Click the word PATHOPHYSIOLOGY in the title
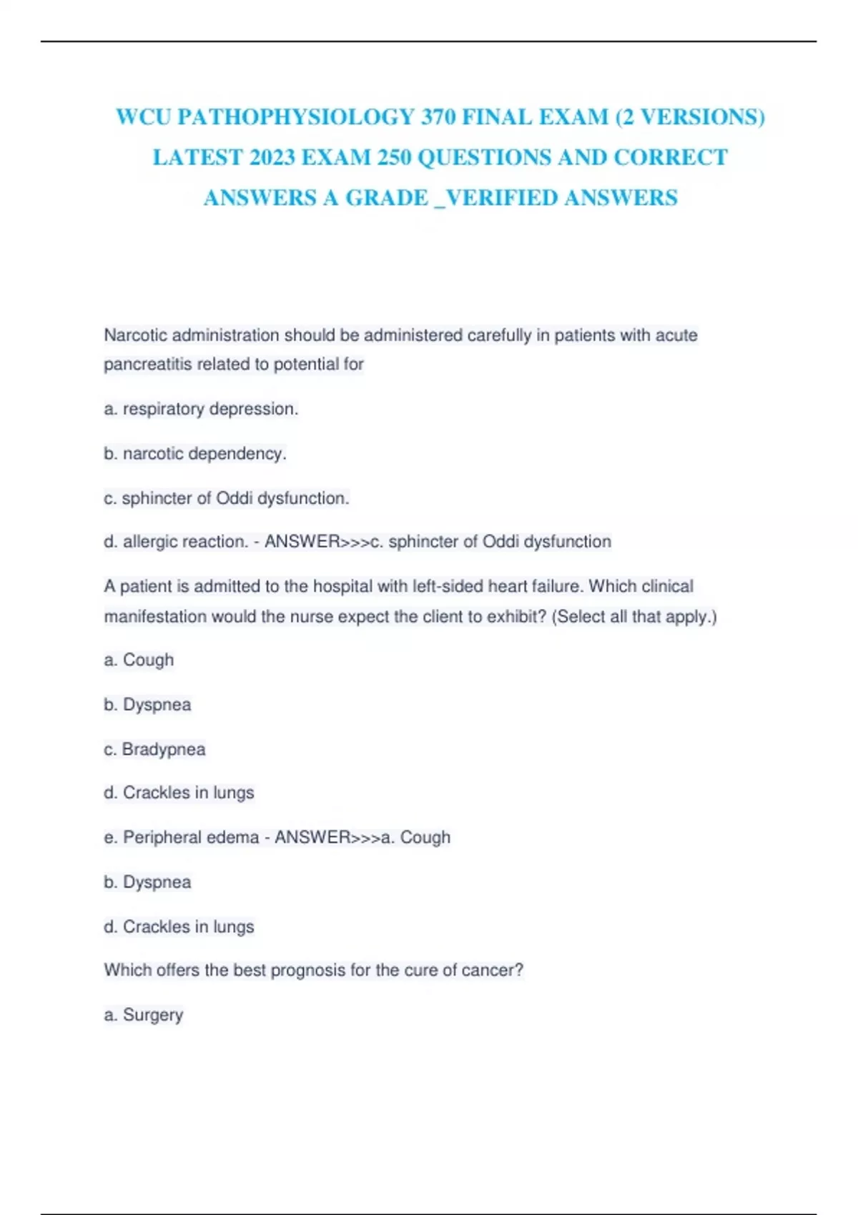click(x=295, y=117)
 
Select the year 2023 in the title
click(x=272, y=158)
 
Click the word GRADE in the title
click(x=387, y=198)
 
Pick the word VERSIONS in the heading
click(x=698, y=117)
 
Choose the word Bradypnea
click(x=164, y=749)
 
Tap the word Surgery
click(x=153, y=1015)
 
